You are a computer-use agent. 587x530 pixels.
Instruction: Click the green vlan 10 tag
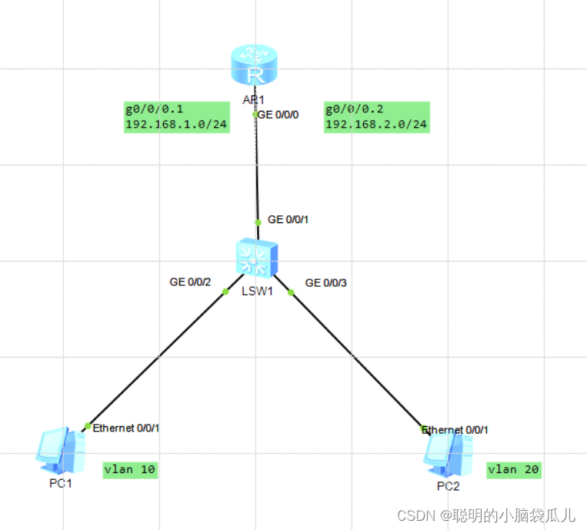pos(130,470)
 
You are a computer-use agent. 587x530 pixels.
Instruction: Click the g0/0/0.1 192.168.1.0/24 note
pos(177,117)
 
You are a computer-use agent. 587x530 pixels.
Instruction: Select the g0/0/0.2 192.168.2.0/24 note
pos(377,117)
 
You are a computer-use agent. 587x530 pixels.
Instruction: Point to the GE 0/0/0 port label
pos(278,115)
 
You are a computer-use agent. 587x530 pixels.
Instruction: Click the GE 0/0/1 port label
pos(288,219)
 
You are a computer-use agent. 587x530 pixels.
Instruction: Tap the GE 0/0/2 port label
pos(191,282)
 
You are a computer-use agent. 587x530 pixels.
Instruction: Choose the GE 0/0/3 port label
pos(326,282)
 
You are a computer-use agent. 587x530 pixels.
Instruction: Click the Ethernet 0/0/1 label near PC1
pos(125,428)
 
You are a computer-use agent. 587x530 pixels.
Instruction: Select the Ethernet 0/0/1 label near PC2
pos(455,429)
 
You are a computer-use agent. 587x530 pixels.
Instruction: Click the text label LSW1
pos(258,292)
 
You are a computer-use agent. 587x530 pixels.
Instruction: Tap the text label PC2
pos(448,486)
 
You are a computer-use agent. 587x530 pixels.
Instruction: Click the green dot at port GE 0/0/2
pos(225,292)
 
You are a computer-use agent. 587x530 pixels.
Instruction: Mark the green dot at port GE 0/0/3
pos(291,292)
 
